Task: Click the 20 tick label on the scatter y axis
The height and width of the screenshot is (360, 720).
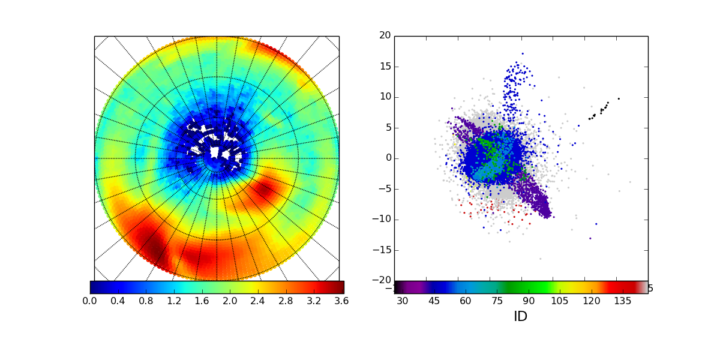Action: (383, 36)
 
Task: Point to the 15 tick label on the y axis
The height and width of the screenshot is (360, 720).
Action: (383, 67)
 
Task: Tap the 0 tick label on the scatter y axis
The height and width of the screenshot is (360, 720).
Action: (387, 158)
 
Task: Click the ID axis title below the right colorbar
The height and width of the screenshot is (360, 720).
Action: (520, 317)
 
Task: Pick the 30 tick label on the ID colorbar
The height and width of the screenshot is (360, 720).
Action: (402, 301)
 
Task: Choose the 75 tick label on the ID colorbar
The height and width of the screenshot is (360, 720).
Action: (497, 301)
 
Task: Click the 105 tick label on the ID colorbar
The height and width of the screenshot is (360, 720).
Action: (560, 301)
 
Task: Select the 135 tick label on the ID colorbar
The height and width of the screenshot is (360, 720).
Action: (623, 301)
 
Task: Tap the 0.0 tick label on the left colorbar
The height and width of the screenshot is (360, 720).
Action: (90, 301)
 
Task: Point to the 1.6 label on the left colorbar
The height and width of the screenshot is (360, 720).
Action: (203, 301)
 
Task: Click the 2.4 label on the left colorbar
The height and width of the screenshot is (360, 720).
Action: (259, 301)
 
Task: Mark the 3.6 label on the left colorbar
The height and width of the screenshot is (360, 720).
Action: (344, 301)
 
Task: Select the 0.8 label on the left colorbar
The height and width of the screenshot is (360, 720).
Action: (146, 301)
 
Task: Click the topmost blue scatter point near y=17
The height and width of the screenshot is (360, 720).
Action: (523, 53)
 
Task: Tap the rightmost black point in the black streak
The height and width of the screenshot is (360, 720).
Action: (619, 98)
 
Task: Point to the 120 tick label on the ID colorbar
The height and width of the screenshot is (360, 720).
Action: (591, 301)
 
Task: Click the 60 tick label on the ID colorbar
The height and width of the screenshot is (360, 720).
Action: (466, 301)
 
